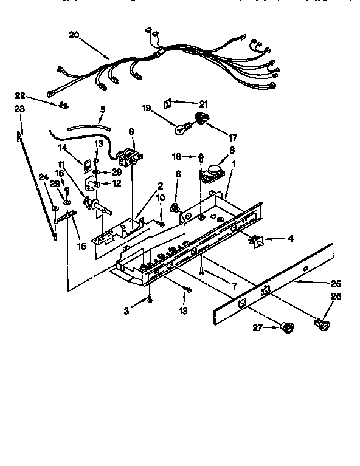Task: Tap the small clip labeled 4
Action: tap(255, 241)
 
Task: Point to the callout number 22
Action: tap(20, 96)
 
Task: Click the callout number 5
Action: tap(103, 111)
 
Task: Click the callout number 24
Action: tap(43, 177)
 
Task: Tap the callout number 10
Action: tap(161, 198)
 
